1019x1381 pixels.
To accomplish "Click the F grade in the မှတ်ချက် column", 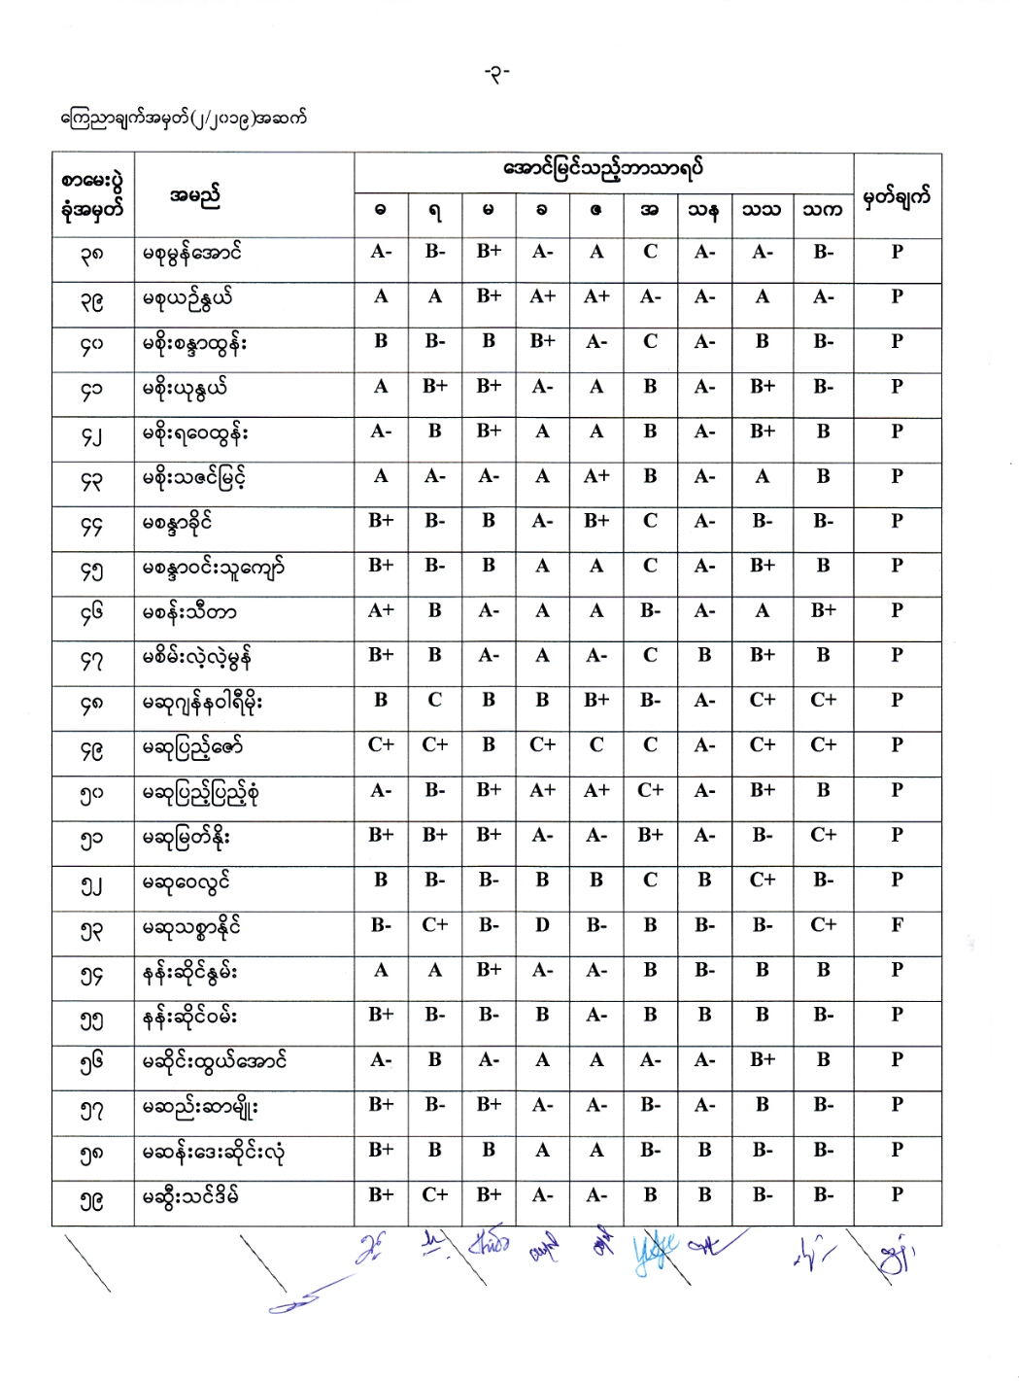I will coord(897,925).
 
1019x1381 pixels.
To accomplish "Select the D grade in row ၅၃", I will coord(542,925).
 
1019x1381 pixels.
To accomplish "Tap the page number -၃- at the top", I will coord(497,73).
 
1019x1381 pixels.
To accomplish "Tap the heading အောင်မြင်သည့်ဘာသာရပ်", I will coord(603,169).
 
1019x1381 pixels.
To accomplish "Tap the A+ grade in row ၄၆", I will coord(381,610).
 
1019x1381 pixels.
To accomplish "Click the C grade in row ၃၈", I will coord(650,252).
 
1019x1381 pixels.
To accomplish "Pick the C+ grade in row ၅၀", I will coord(650,790).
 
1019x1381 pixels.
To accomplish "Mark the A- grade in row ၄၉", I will coord(704,745).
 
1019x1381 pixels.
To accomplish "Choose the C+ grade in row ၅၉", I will coord(434,1194).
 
